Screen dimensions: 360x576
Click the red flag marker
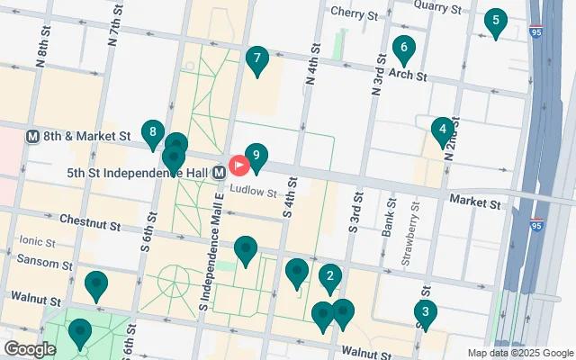(239, 166)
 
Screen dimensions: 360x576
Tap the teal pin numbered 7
(257, 61)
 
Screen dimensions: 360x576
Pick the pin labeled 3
(425, 313)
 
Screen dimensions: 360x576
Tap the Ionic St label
(37, 242)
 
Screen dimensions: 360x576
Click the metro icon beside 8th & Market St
(32, 136)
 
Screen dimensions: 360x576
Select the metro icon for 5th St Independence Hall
(220, 171)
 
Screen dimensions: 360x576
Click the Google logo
(29, 349)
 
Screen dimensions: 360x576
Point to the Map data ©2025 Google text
(520, 353)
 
